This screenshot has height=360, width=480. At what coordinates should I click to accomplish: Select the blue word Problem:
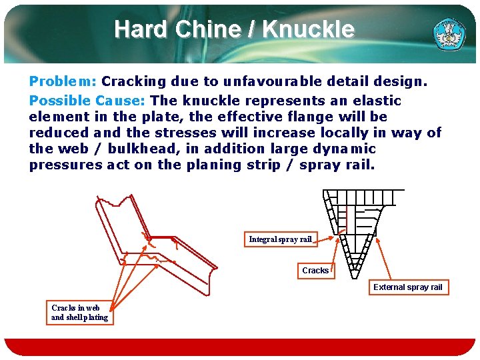(x=63, y=81)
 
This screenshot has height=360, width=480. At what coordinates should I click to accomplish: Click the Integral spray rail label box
(x=280, y=239)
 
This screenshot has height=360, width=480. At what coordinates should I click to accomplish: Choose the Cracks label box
(x=315, y=271)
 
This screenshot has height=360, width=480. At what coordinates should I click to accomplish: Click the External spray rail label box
(x=407, y=287)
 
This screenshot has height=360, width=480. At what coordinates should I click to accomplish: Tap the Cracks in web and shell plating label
(x=79, y=313)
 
